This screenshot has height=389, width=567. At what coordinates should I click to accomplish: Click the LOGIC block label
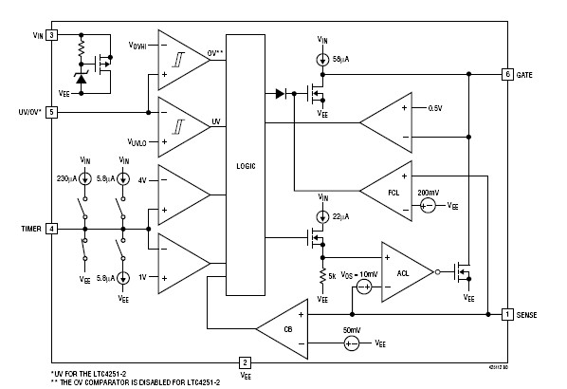click(245, 163)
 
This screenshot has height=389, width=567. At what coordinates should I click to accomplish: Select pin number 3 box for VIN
click(52, 35)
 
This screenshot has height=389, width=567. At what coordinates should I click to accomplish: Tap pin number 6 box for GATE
click(508, 73)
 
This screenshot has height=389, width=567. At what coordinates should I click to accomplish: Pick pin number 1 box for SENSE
click(508, 313)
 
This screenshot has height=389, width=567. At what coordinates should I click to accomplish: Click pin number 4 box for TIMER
click(52, 229)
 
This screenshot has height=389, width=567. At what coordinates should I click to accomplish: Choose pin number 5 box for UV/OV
click(52, 111)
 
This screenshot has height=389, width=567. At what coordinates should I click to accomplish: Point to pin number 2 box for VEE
click(245, 361)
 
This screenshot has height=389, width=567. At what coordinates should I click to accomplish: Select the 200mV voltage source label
click(427, 192)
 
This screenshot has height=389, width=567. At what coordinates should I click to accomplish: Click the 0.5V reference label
click(435, 106)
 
